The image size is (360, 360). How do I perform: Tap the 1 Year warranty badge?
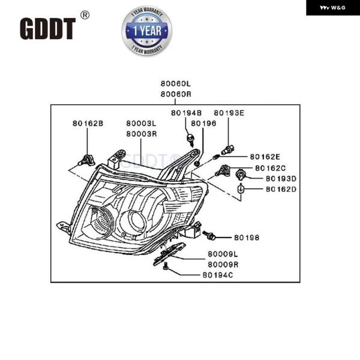pyautogui.click(x=146, y=30)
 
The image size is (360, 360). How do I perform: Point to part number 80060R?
pyautogui.click(x=175, y=95)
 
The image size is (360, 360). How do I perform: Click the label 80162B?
pyautogui.click(x=88, y=124)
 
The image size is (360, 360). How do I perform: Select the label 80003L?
pyautogui.click(x=141, y=124)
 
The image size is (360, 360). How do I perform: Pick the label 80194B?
pyautogui.click(x=187, y=113)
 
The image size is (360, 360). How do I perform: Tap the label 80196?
pyautogui.click(x=204, y=124)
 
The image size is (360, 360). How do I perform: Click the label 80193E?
pyautogui.click(x=229, y=113)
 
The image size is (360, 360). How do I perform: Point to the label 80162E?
pyautogui.click(x=265, y=157)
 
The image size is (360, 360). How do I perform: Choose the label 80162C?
pyautogui.click(x=270, y=168)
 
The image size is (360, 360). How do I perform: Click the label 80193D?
pyautogui.click(x=281, y=179)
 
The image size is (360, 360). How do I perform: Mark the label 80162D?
pyautogui.click(x=281, y=190)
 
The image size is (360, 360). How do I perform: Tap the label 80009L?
pyautogui.click(x=223, y=255)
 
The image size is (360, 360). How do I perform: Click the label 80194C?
pyautogui.click(x=217, y=275)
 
